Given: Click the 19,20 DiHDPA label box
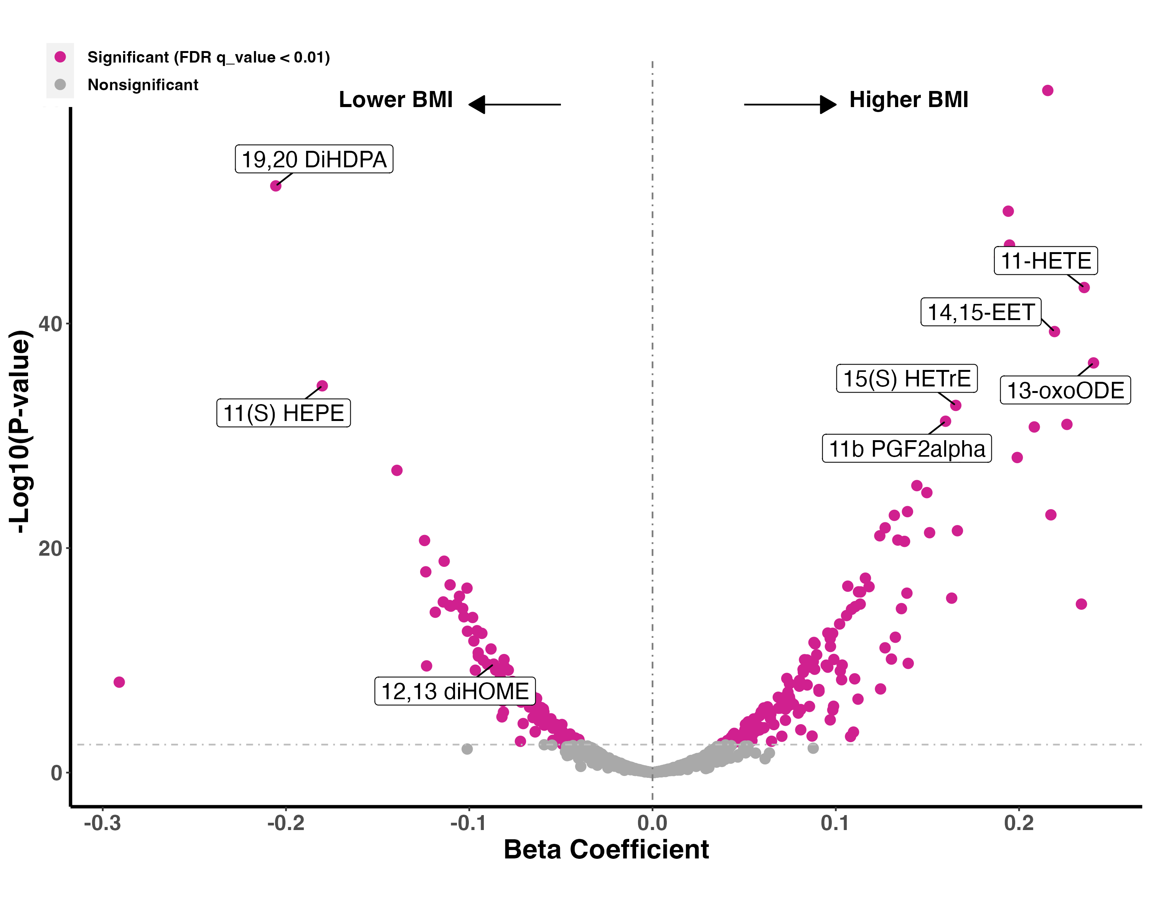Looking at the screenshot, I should [x=314, y=159].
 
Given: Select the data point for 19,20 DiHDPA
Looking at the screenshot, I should [x=275, y=186].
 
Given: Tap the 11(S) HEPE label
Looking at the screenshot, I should [x=284, y=413].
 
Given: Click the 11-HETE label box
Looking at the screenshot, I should [x=1045, y=261].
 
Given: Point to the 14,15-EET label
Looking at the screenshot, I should [x=981, y=312].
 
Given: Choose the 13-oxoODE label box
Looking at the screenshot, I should [x=1065, y=390].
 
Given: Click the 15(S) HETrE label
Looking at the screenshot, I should [x=907, y=378].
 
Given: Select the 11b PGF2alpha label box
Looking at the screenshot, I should [x=907, y=449].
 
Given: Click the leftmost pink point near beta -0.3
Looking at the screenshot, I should [x=119, y=682].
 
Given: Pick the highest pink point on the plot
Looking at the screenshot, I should [x=1047, y=90].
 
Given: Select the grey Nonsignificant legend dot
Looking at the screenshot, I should [x=60, y=84].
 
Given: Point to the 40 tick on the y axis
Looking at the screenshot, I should [x=51, y=324].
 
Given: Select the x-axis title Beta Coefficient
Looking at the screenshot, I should [x=606, y=850].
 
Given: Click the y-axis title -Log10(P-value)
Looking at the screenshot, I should [x=21, y=431].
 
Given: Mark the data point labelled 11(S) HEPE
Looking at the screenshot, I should [x=322, y=386].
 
